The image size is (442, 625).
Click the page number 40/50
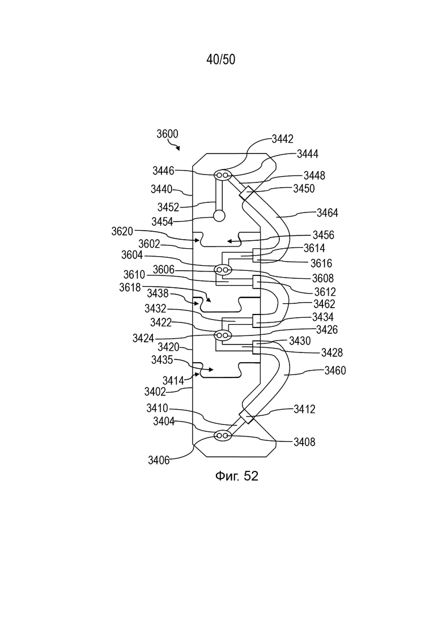click(x=221, y=59)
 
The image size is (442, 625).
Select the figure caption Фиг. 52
click(x=237, y=475)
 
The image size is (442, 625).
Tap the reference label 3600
click(x=167, y=134)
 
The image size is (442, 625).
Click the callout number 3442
click(x=283, y=139)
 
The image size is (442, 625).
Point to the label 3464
click(x=328, y=213)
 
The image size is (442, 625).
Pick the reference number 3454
click(x=162, y=222)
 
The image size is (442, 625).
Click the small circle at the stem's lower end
click(x=219, y=216)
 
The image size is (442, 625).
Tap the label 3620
click(x=122, y=231)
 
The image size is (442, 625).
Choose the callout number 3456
click(x=323, y=235)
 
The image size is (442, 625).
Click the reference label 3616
click(x=321, y=263)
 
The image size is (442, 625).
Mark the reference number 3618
click(x=130, y=287)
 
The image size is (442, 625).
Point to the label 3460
click(x=335, y=371)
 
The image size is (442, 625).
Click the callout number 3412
click(x=304, y=409)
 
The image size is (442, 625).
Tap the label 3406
click(x=159, y=460)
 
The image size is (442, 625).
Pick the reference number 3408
click(x=304, y=442)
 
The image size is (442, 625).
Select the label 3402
click(x=155, y=392)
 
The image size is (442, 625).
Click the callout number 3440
click(x=161, y=189)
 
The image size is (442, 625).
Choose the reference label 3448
click(x=314, y=176)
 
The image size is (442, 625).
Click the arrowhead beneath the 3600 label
click(x=178, y=148)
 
